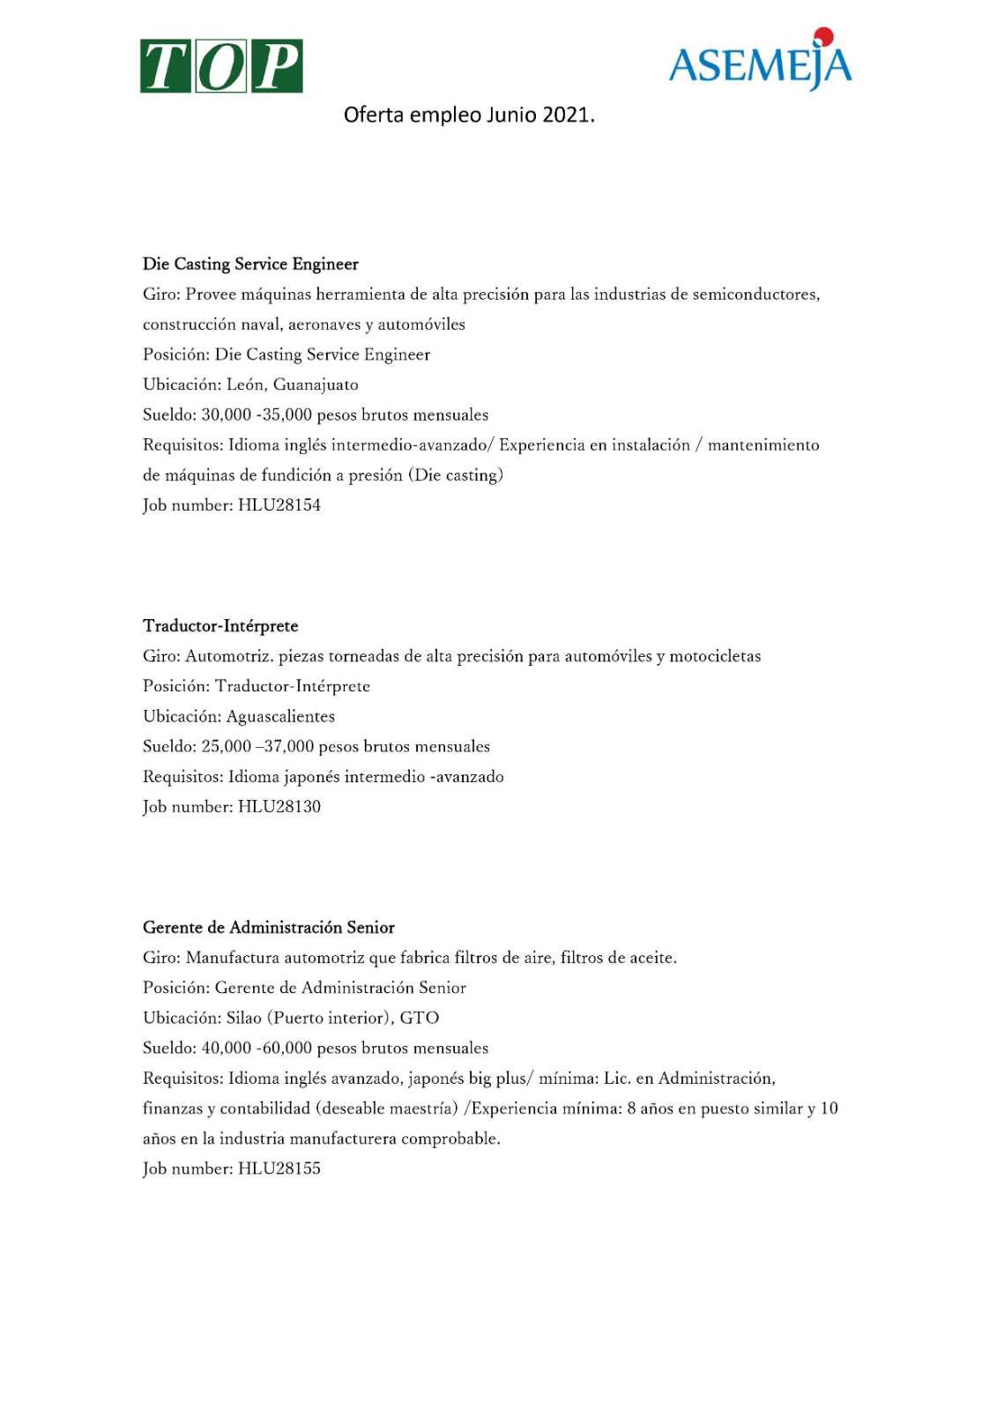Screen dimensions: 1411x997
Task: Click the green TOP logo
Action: pyautogui.click(x=221, y=66)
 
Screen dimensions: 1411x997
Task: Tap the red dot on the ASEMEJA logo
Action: pyautogui.click(x=823, y=36)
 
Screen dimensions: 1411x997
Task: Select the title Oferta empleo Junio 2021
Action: pyautogui.click(x=469, y=115)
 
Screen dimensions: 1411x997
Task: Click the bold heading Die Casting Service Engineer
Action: pyautogui.click(x=250, y=264)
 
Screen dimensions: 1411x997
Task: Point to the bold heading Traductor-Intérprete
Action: pyautogui.click(x=220, y=626)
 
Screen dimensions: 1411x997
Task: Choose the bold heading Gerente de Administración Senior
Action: pyautogui.click(x=268, y=928)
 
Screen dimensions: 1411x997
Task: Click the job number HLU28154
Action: pyautogui.click(x=279, y=505)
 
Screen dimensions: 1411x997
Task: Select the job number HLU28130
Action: pyautogui.click(x=279, y=807)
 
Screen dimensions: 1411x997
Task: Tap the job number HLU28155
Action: pyautogui.click(x=279, y=1168)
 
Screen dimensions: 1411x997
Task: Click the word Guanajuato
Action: pyautogui.click(x=316, y=384)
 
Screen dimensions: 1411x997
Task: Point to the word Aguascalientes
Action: pyautogui.click(x=280, y=716)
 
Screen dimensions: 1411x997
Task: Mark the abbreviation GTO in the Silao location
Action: pyautogui.click(x=420, y=1018)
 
